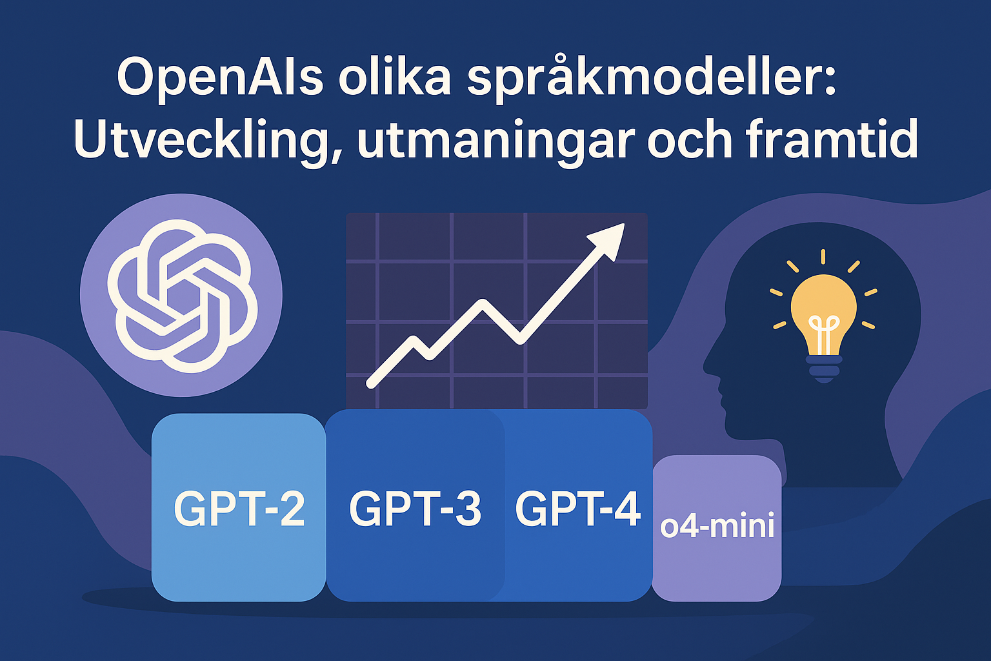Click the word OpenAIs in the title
(220, 76)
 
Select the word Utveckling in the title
(201, 139)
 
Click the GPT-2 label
(239, 509)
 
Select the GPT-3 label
(415, 509)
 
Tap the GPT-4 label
(578, 509)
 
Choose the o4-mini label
(717, 525)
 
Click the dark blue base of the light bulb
(823, 369)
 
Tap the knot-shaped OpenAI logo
(183, 296)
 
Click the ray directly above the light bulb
(823, 257)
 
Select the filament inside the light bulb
(823, 334)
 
